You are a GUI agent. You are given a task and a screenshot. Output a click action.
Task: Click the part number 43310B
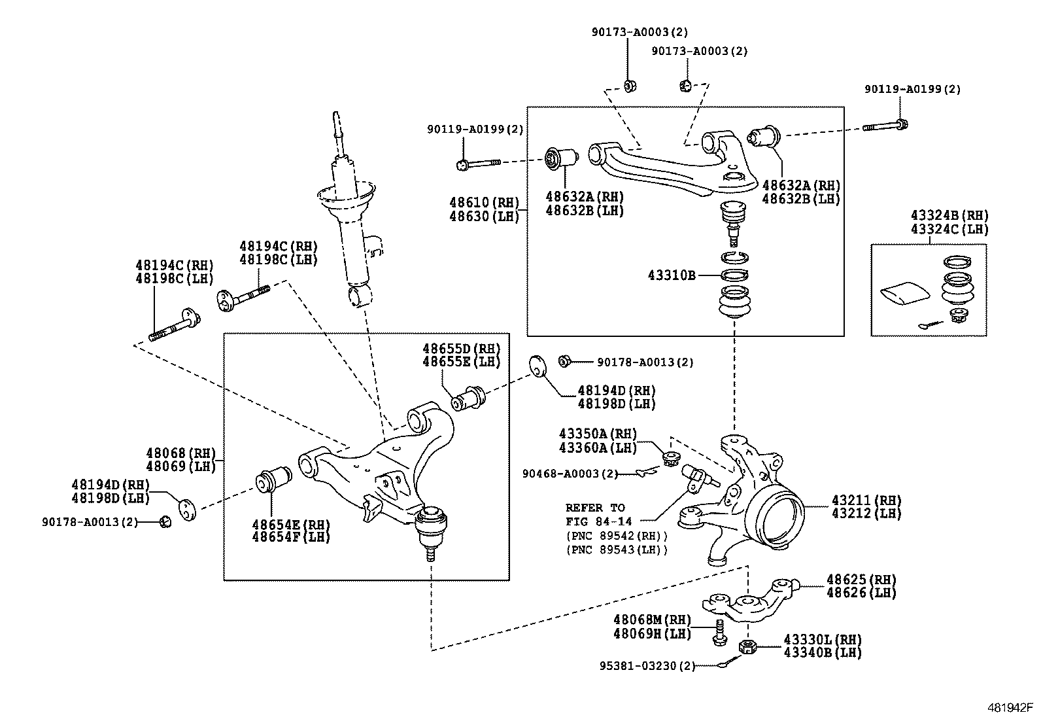click(672, 275)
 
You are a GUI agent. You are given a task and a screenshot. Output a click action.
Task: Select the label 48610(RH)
click(484, 202)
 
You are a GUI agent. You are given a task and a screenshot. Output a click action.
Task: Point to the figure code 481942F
click(1009, 707)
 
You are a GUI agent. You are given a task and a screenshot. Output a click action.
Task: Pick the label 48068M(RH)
click(652, 619)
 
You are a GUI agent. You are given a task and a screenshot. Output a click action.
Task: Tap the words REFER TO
click(595, 507)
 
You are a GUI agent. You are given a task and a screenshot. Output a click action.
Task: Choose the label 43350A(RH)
click(598, 433)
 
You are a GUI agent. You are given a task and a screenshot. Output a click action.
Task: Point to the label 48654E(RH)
click(291, 524)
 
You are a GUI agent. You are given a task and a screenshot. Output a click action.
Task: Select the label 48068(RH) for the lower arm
click(180, 453)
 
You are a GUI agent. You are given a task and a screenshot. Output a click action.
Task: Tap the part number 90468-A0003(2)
click(570, 473)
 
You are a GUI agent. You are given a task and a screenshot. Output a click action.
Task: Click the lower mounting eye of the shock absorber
click(360, 296)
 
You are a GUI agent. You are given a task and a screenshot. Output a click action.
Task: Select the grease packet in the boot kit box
click(904, 294)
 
